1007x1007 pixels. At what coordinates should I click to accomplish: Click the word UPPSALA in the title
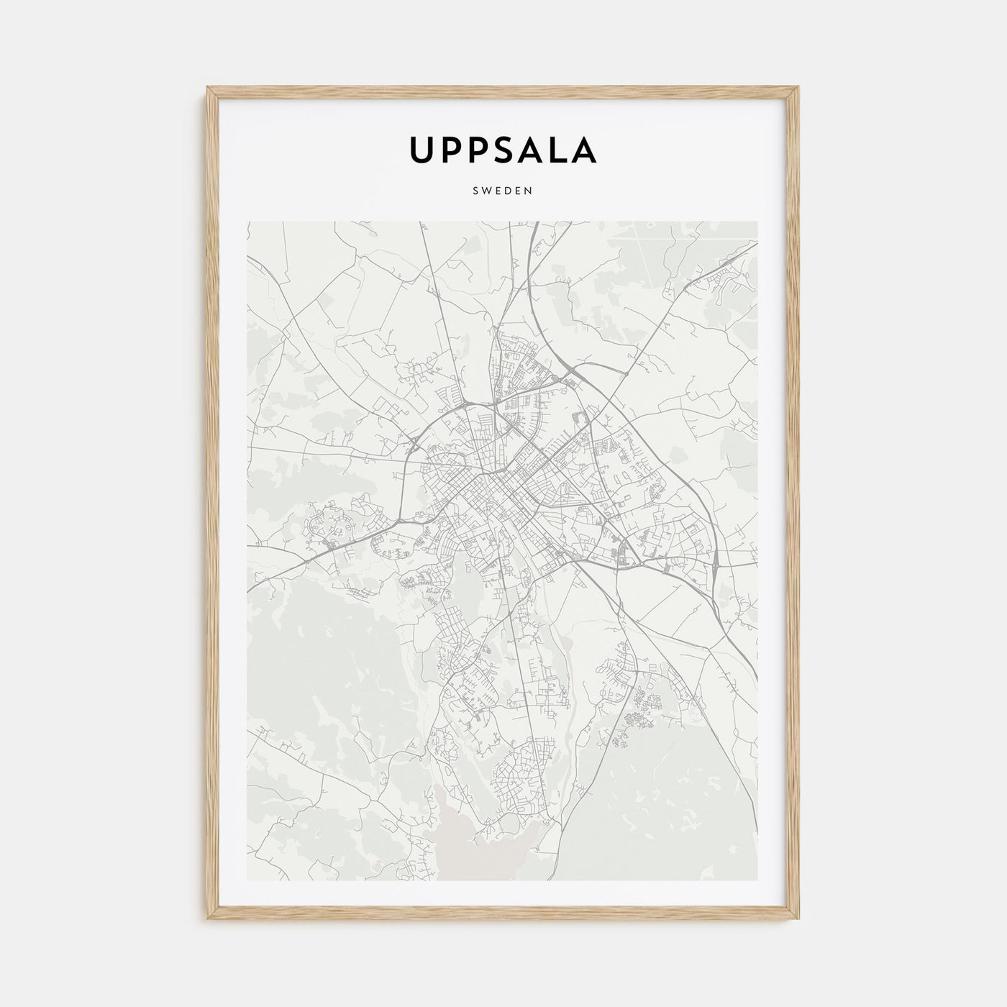tap(503, 150)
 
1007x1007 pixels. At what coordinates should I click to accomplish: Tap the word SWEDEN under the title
tap(503, 191)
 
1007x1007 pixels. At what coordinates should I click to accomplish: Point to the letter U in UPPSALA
tap(422, 150)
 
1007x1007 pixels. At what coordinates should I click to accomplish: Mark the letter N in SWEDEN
tap(528, 191)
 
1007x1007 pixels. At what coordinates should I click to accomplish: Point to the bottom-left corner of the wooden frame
tap(209, 920)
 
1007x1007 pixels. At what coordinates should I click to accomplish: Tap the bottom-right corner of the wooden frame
tap(798, 920)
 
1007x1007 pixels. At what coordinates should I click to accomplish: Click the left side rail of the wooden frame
tap(212, 503)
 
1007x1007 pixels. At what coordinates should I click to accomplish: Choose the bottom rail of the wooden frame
tap(503, 916)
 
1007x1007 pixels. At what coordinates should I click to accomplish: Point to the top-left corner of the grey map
tap(247, 222)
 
